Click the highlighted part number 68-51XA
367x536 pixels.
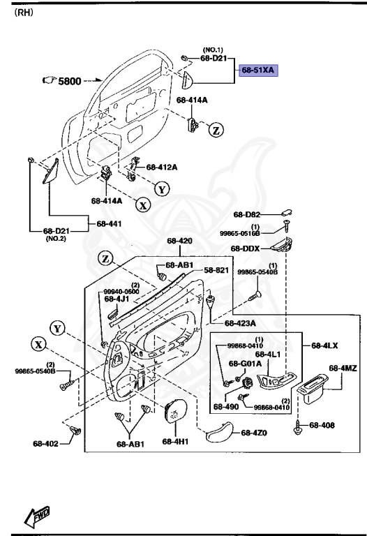pos(259,70)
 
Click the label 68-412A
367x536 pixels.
pos(161,167)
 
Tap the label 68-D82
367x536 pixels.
pos(246,215)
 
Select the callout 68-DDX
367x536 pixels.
pos(246,248)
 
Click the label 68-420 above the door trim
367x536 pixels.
pos(179,241)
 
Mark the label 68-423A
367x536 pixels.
pos(239,323)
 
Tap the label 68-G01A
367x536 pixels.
pos(248,364)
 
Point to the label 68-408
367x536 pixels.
pos(322,424)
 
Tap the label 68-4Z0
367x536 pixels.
pos(254,433)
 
